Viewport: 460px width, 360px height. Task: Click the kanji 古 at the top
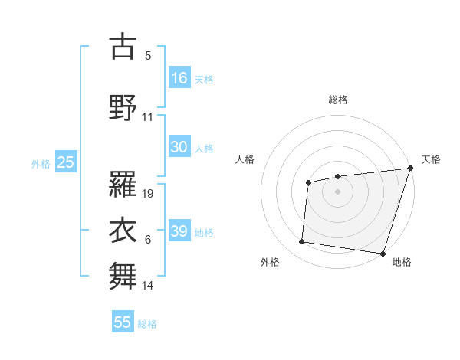click(x=123, y=47)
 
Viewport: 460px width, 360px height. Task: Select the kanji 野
click(x=123, y=106)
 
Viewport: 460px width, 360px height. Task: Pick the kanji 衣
click(x=123, y=229)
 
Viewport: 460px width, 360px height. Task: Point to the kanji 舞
click(x=123, y=275)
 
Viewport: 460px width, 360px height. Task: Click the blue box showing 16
click(x=179, y=78)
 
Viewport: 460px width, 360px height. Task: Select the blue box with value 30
click(x=179, y=147)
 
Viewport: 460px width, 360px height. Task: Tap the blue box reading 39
click(x=179, y=231)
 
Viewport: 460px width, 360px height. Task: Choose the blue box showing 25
click(x=65, y=162)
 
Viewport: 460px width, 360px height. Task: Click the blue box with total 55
click(x=123, y=322)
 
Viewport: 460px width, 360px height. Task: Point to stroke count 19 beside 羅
click(x=149, y=194)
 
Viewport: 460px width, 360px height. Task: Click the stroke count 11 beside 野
click(x=148, y=117)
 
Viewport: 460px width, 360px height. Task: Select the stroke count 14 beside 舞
click(x=148, y=286)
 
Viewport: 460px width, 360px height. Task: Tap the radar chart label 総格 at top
click(x=338, y=100)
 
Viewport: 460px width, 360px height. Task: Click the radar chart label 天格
click(x=431, y=159)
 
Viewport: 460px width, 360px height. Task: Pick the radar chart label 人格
click(x=245, y=159)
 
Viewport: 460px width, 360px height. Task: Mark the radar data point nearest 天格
click(x=410, y=169)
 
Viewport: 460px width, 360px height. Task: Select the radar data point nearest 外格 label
click(x=302, y=242)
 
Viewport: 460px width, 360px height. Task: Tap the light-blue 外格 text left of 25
click(x=41, y=163)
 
